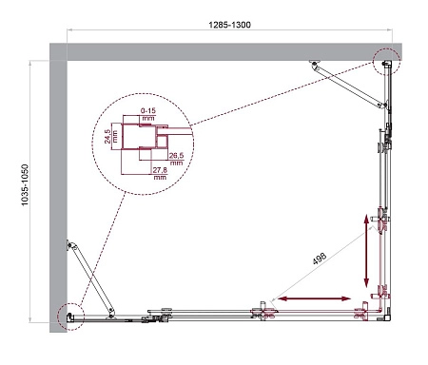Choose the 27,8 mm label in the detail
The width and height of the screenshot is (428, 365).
click(x=158, y=173)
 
